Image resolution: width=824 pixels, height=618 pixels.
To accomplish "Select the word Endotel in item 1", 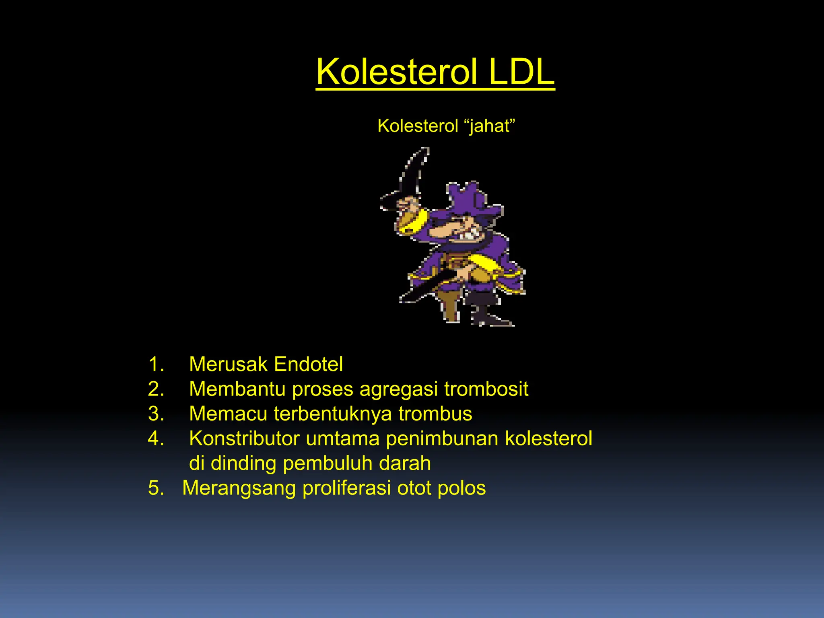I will (308, 364).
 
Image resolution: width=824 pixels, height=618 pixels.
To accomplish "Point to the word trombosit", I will (486, 389).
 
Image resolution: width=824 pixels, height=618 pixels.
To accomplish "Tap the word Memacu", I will (228, 414).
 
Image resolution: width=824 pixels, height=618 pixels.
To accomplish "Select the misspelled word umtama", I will (342, 439).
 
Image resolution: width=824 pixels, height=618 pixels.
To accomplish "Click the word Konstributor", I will (244, 439).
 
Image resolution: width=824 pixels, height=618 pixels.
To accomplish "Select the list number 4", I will (156, 439).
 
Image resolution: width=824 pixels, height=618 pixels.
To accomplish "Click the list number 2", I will (156, 389).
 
